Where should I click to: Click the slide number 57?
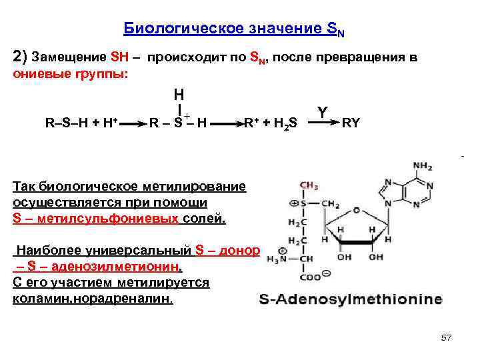tap(446, 338)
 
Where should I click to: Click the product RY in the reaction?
tap(351, 123)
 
